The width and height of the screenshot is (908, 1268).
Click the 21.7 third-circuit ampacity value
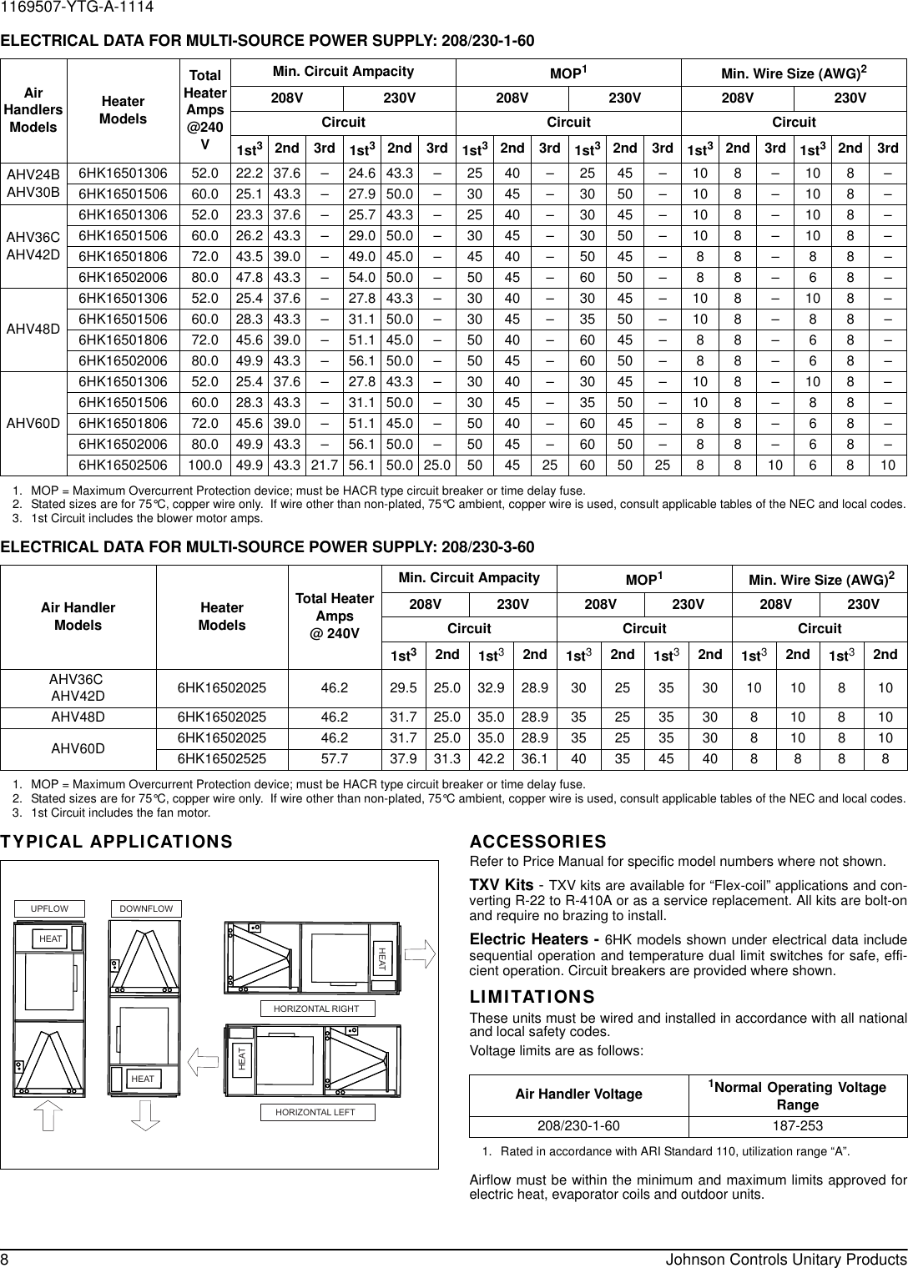click(x=324, y=464)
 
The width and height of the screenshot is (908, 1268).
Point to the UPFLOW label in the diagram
click(x=49, y=908)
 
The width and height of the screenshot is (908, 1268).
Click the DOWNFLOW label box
click(x=146, y=908)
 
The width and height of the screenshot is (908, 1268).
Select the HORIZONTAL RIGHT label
click(x=316, y=1009)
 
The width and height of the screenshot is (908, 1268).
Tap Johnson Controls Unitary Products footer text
click(x=785, y=1258)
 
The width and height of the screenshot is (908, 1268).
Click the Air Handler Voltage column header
click(x=579, y=1094)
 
